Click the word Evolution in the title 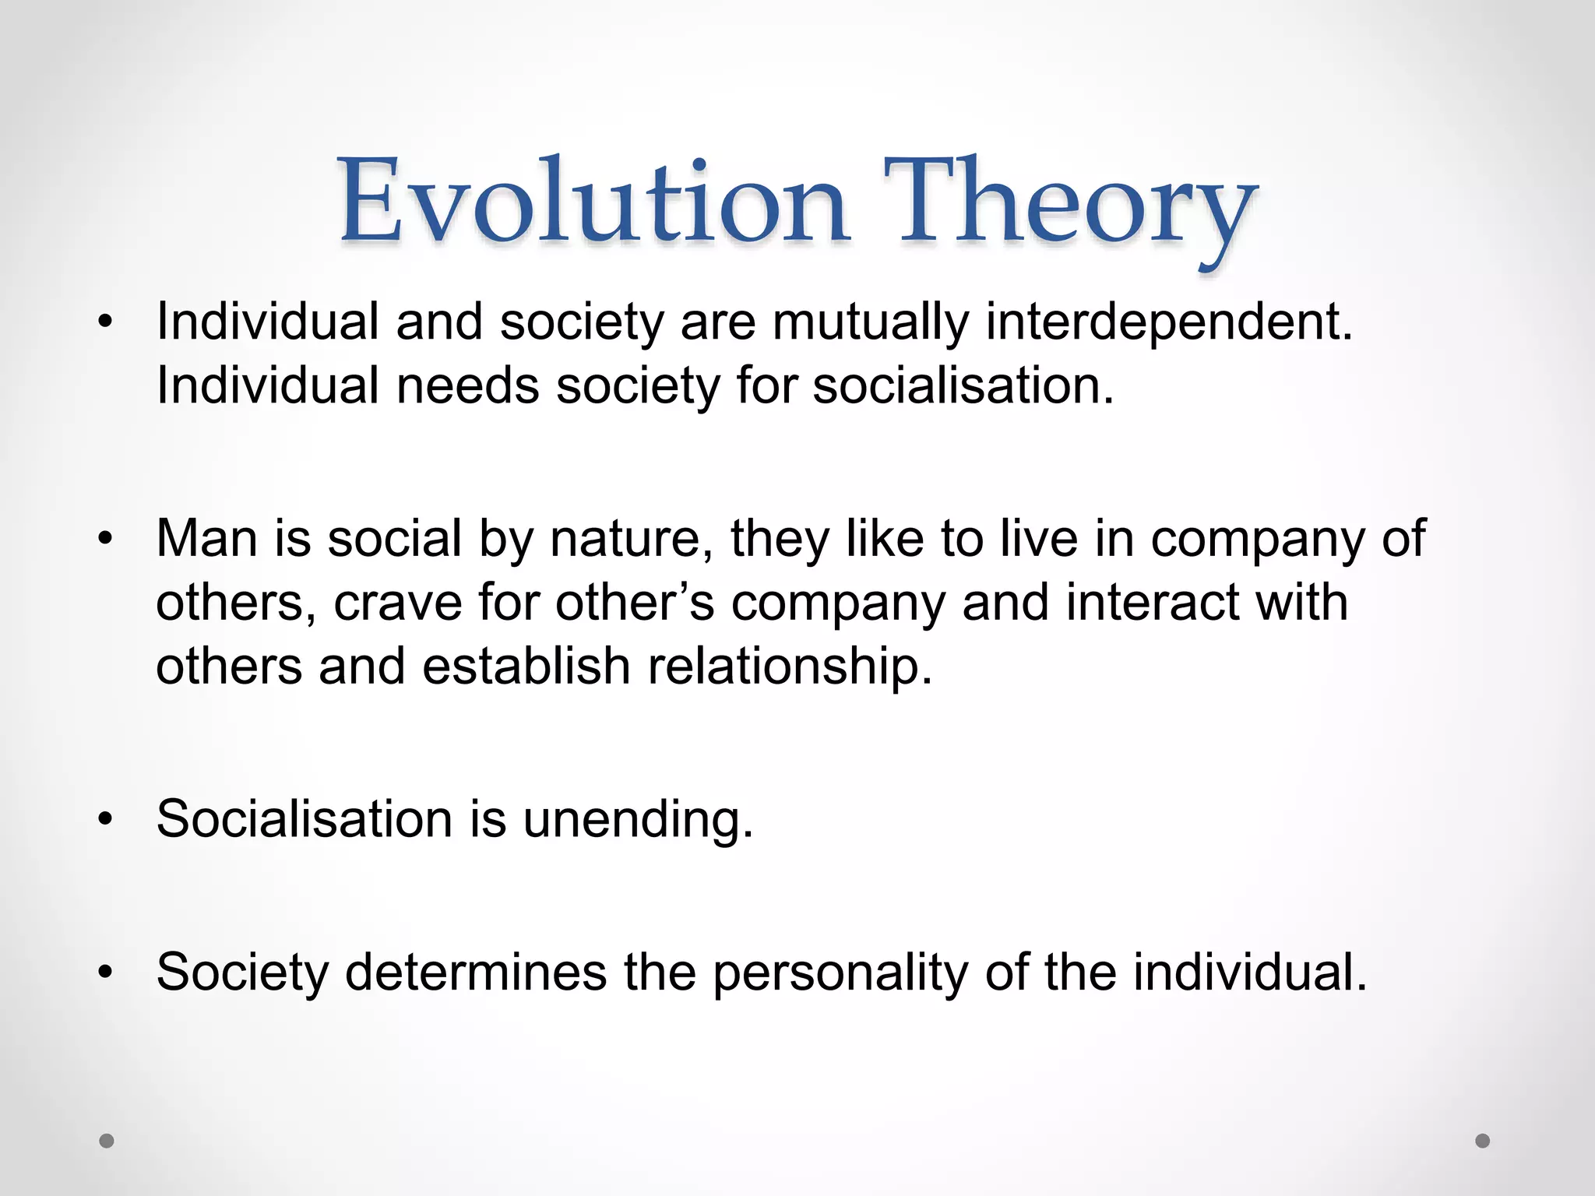pyautogui.click(x=593, y=201)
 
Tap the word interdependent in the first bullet pyautogui.click(x=1168, y=322)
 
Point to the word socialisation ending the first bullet pyautogui.click(x=962, y=385)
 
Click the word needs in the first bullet pyautogui.click(x=467, y=385)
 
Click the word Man pyautogui.click(x=206, y=538)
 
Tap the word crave pyautogui.click(x=398, y=603)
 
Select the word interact pyautogui.click(x=1152, y=603)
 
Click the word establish pyautogui.click(x=526, y=667)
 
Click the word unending pyautogui.click(x=636, y=820)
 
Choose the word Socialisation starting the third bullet pyautogui.click(x=304, y=819)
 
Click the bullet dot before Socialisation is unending pyautogui.click(x=106, y=819)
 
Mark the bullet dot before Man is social pyautogui.click(x=106, y=538)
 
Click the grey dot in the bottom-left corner pyautogui.click(x=107, y=1141)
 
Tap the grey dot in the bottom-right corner pyautogui.click(x=1483, y=1141)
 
